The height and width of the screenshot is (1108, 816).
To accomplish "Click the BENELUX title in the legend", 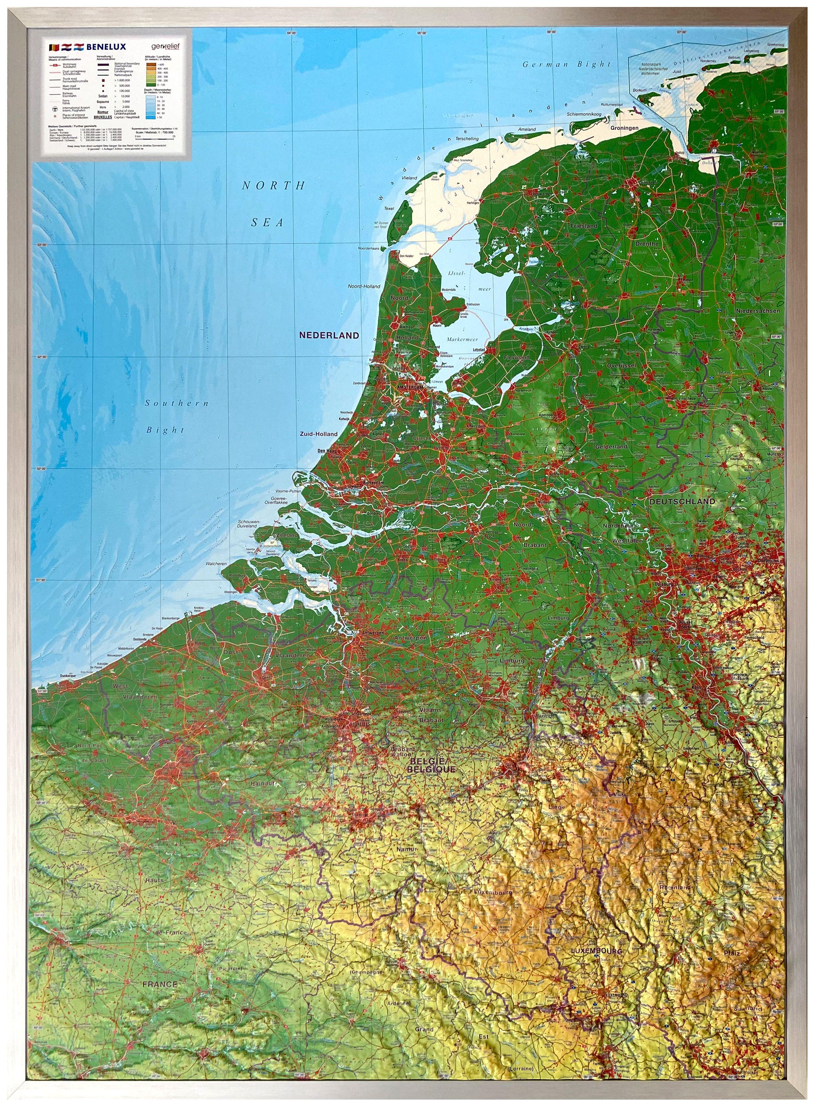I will click(106, 47).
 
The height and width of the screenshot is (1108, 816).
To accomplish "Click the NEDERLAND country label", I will click(329, 335).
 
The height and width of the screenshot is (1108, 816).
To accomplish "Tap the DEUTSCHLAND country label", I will click(682, 501).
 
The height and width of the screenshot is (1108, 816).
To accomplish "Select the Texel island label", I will click(389, 209).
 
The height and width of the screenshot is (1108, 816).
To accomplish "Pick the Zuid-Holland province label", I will click(319, 434).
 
